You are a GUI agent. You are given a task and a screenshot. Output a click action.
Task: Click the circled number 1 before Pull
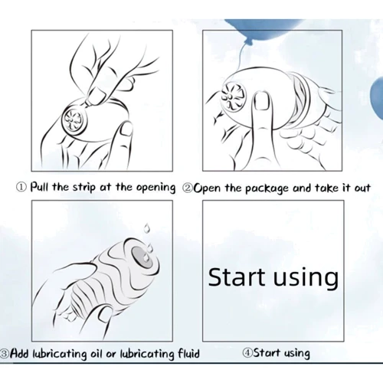[21, 187]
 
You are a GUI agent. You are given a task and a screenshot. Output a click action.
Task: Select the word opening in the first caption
[156, 188]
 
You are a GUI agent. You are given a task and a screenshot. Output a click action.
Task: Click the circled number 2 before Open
[188, 188]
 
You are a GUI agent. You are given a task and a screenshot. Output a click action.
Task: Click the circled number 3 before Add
[5, 354]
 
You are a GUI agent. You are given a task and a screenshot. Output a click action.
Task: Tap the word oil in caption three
[97, 354]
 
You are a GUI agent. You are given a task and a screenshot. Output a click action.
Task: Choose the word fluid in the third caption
[188, 353]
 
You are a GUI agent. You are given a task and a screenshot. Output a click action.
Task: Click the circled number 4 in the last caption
[247, 352]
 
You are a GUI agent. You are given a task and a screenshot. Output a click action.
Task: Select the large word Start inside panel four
[237, 277]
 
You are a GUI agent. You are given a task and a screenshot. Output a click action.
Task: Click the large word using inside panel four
[306, 279]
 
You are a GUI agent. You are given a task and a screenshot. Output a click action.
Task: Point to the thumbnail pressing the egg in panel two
[260, 101]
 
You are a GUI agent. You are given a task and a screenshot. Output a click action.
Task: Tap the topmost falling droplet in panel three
[146, 228]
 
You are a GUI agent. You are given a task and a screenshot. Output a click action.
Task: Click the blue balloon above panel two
[262, 30]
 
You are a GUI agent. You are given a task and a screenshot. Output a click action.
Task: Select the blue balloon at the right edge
[378, 99]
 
